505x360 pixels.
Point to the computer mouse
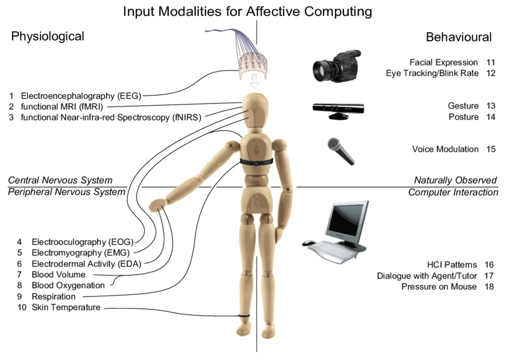(x=309, y=243)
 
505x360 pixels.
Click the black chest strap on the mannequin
(x=256, y=161)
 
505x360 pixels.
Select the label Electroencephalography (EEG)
(x=81, y=95)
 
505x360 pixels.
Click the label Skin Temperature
(x=66, y=307)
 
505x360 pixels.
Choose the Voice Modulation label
(x=445, y=149)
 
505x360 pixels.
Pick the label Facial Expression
(x=443, y=62)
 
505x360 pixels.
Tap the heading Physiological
(x=48, y=37)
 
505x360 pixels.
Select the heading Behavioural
(x=459, y=37)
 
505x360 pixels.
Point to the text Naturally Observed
(x=455, y=180)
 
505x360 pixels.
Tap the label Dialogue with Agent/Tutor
(x=427, y=276)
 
